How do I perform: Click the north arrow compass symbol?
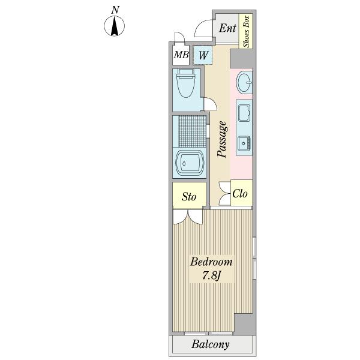coord(115,26)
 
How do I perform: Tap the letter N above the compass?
coord(115,10)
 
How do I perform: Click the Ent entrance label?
coord(227,28)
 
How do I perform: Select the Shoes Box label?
coord(246,31)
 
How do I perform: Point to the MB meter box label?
coord(181,55)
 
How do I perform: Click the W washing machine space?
coord(202,55)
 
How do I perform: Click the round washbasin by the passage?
coord(244,82)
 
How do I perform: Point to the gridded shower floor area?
coord(193,131)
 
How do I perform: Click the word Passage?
coord(223,139)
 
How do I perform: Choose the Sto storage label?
coord(189,197)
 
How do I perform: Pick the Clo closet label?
coord(239,194)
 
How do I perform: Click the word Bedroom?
coord(211,262)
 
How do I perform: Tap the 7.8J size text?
coord(211,275)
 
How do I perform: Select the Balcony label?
coord(211,344)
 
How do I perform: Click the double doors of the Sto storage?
coord(188,217)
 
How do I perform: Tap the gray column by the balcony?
coord(245,325)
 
